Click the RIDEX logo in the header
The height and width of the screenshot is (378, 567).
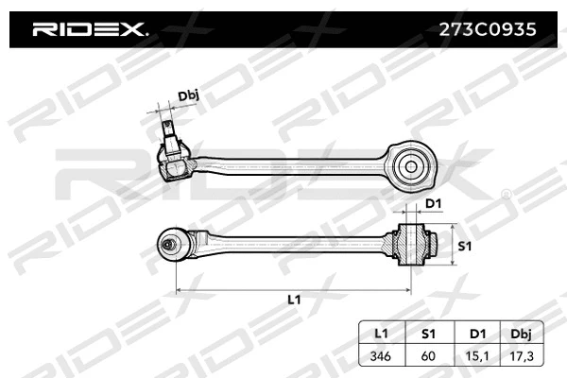point(91,29)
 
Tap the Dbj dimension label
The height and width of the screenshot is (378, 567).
point(189,95)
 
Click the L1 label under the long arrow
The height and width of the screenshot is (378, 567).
point(294,300)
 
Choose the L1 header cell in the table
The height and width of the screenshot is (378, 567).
point(381,333)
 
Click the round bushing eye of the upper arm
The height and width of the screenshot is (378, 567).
point(412,166)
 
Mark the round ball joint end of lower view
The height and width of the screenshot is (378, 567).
point(172,245)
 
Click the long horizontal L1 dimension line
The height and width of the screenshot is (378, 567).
point(293,286)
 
